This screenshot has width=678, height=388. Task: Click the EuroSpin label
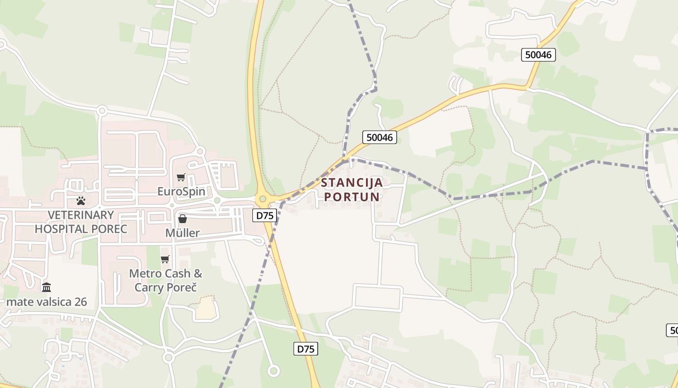point(181,192)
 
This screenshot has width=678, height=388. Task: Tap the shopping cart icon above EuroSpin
point(181,178)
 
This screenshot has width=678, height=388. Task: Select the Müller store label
point(182,233)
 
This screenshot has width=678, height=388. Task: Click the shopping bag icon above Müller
point(183,219)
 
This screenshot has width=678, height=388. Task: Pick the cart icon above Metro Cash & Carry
point(165,259)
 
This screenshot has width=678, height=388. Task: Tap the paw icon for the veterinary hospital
point(81,200)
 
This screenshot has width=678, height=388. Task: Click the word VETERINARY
point(81,215)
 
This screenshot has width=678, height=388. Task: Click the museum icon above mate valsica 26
point(46,288)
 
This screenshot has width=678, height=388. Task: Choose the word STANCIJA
point(352,183)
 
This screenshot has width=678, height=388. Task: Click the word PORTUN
point(352,197)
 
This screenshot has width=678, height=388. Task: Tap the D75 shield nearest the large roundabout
point(265,215)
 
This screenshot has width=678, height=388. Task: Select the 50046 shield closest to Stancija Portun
point(380,137)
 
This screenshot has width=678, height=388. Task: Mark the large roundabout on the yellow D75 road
point(263,198)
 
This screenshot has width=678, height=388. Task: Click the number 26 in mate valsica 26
point(80,302)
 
